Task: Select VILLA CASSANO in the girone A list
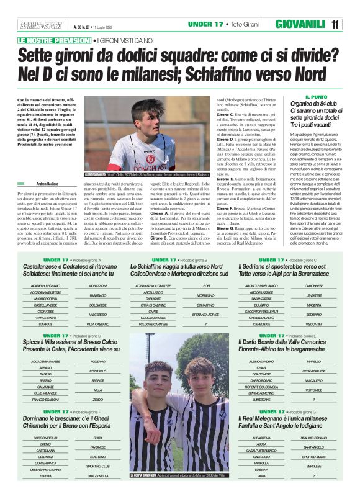pyautogui.click(x=98, y=324)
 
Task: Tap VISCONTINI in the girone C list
pyautogui.click(x=314, y=324)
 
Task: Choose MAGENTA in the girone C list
pyautogui.click(x=314, y=305)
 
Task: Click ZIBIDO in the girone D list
pyautogui.click(x=98, y=400)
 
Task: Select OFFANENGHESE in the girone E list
pyautogui.click(x=314, y=371)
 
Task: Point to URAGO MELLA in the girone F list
pyautogui.click(x=98, y=475)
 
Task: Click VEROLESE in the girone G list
pyautogui.click(x=314, y=465)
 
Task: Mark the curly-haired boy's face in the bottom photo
pyautogui.click(x=198, y=377)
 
